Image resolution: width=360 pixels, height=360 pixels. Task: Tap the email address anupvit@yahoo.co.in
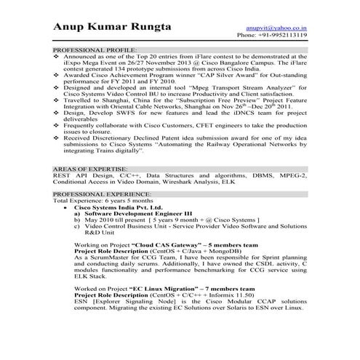[x=281, y=25]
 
